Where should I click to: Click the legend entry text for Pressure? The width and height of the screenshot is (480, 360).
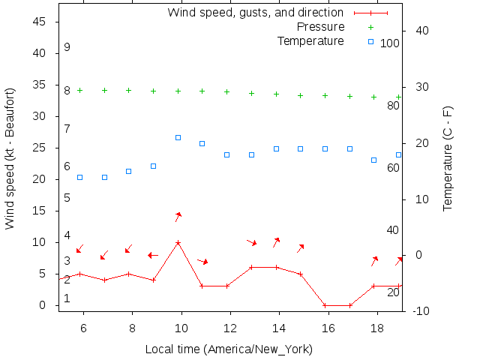tap(320, 27)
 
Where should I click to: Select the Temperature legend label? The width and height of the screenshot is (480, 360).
tap(310, 40)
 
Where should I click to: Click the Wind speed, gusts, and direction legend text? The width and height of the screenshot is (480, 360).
tap(255, 13)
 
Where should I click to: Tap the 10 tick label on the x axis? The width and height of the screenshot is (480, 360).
tap(181, 328)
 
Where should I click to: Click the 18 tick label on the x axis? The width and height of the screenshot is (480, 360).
tap(377, 328)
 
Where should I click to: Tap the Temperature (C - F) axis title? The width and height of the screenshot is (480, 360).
tap(448, 158)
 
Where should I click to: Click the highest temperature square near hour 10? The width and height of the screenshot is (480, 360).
tap(178, 137)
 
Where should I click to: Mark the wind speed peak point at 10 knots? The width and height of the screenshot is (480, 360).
tap(178, 242)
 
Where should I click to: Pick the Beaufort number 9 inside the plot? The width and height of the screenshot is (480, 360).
tap(67, 47)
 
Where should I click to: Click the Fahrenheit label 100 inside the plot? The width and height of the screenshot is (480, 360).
tap(390, 43)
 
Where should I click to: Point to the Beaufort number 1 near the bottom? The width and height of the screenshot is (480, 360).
tap(67, 298)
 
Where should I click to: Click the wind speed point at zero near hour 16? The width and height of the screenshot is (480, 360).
tap(325, 305)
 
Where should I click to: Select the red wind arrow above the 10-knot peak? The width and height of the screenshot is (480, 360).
tap(178, 217)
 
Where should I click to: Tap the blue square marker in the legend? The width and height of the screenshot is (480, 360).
tap(370, 41)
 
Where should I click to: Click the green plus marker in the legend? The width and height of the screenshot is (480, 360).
tap(370, 27)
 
